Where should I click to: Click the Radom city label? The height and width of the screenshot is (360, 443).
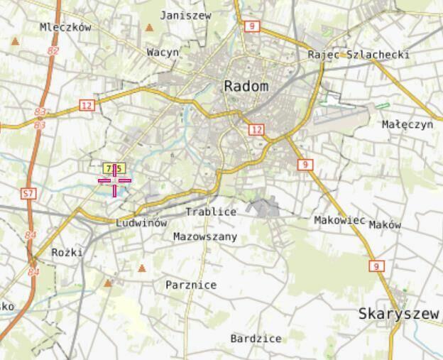pyautogui.click(x=246, y=86)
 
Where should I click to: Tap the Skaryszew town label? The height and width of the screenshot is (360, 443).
pyautogui.click(x=399, y=313)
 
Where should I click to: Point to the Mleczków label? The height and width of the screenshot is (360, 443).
pyautogui.click(x=66, y=27)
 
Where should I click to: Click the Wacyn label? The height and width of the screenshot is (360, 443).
pyautogui.click(x=163, y=52)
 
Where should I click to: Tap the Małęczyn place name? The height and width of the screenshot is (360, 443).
pyautogui.click(x=407, y=124)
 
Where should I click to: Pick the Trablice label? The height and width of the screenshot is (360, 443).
pyautogui.click(x=211, y=212)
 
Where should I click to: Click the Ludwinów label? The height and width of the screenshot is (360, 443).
pyautogui.click(x=141, y=222)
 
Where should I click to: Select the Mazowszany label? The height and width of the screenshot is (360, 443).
pyautogui.click(x=205, y=236)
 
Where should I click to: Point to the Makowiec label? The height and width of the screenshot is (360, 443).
pyautogui.click(x=339, y=220)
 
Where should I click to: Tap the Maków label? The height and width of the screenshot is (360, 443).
pyautogui.click(x=385, y=224)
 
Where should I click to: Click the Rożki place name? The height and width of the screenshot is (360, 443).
pyautogui.click(x=67, y=252)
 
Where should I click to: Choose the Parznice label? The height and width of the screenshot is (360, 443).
pyautogui.click(x=191, y=285)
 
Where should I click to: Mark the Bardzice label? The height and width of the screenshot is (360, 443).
pyautogui.click(x=256, y=339)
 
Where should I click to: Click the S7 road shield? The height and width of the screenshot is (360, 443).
pyautogui.click(x=28, y=193)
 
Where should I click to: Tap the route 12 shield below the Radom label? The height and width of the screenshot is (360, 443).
pyautogui.click(x=256, y=129)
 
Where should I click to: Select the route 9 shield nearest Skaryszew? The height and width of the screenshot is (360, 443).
pyautogui.click(x=376, y=266)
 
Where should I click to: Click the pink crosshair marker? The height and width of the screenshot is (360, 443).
pyautogui.click(x=114, y=180)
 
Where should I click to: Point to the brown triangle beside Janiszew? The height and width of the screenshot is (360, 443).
pyautogui.click(x=150, y=28)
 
